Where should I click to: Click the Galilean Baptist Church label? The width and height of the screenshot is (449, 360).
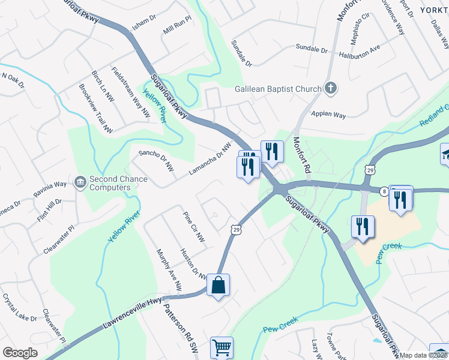pyautogui.click(x=278, y=89)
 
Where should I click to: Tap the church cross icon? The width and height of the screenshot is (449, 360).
pyautogui.click(x=330, y=89)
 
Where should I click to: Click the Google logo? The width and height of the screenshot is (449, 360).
pyautogui.click(x=20, y=353)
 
